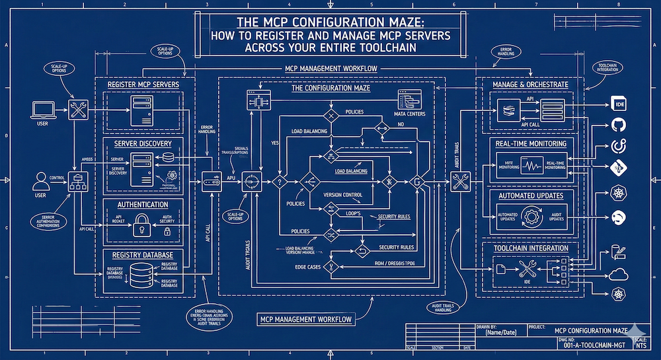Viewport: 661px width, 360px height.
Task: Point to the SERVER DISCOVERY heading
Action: pyautogui.click(x=142, y=143)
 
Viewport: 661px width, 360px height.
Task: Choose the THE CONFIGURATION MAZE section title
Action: pyautogui.click(x=331, y=89)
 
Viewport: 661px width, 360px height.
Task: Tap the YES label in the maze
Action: pyautogui.click(x=276, y=141)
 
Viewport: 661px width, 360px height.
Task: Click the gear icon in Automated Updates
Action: pyautogui.click(x=533, y=217)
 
